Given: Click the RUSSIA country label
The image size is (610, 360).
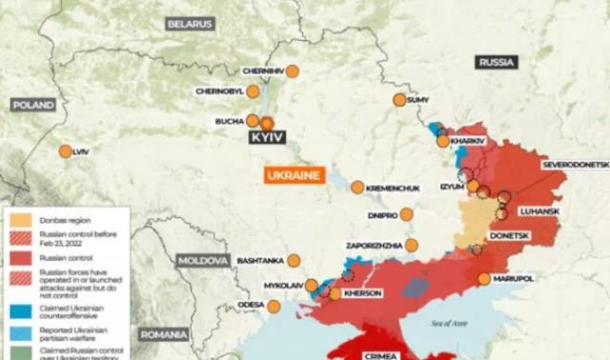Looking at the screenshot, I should [497, 62].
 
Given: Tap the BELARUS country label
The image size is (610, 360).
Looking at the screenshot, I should [190, 24].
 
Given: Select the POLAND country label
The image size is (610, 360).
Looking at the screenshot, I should [34, 104].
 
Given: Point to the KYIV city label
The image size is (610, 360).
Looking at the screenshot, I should [268, 138].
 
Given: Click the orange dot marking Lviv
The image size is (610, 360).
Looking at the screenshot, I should [65, 151].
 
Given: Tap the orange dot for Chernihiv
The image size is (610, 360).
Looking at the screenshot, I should [293, 71].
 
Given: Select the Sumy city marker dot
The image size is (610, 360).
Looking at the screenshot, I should [399, 100].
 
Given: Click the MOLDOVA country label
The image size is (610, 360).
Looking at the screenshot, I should [203, 260].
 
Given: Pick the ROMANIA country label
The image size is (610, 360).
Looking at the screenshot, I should [164, 334].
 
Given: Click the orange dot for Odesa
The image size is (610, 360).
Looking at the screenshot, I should [274, 307].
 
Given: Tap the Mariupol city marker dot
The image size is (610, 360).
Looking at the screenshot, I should [484, 279].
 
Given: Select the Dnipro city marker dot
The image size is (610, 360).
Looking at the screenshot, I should [406, 214].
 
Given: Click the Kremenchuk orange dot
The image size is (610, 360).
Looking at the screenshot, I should [357, 188].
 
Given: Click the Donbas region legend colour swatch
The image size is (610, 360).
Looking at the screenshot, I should [18, 218].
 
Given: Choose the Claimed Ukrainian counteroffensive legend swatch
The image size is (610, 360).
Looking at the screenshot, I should [18, 309].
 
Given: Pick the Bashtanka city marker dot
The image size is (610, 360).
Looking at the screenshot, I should [294, 260].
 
